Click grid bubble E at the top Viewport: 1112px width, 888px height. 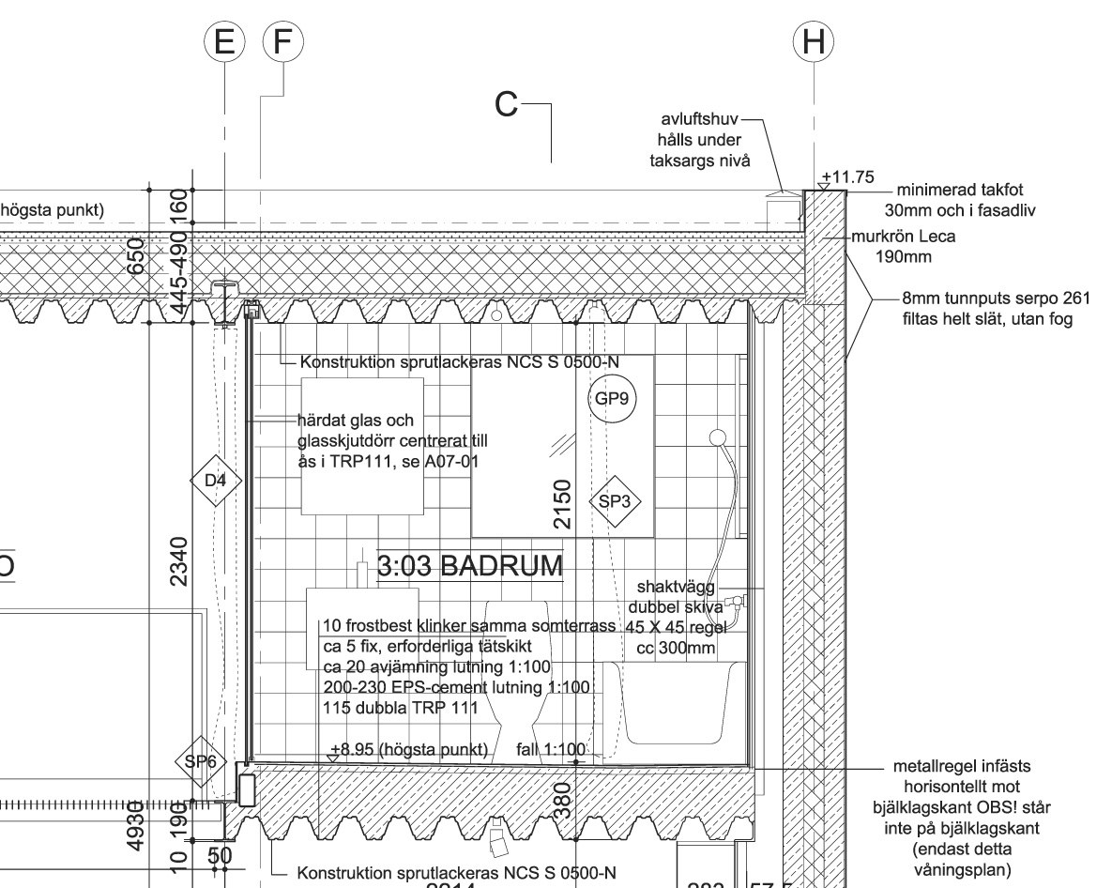coord(223,42)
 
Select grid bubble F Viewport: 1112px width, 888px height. coord(282,42)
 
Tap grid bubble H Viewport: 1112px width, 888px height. coord(813,42)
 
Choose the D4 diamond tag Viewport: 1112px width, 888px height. coord(215,481)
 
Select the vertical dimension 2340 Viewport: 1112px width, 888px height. coord(179,560)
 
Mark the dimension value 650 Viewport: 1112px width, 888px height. coord(137,254)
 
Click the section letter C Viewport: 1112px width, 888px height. coord(507,105)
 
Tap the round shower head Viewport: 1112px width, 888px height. coord(719,436)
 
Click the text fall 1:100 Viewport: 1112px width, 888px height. coord(551,750)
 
